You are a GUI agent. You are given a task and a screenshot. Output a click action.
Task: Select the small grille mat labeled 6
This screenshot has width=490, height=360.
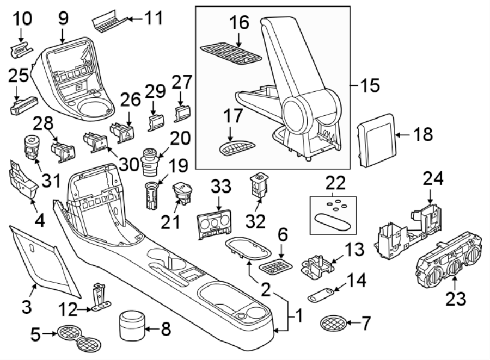(x=277, y=266)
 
